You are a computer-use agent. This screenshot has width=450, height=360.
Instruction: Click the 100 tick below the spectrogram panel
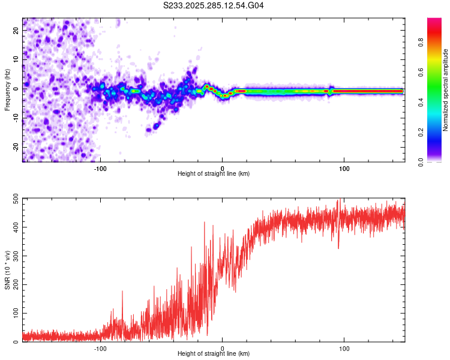[344, 169]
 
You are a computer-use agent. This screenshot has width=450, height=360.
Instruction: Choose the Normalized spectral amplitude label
[446, 90]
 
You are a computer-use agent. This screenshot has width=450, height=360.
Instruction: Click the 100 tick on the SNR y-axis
[16, 313]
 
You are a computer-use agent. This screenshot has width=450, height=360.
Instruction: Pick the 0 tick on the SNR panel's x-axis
[223, 349]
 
